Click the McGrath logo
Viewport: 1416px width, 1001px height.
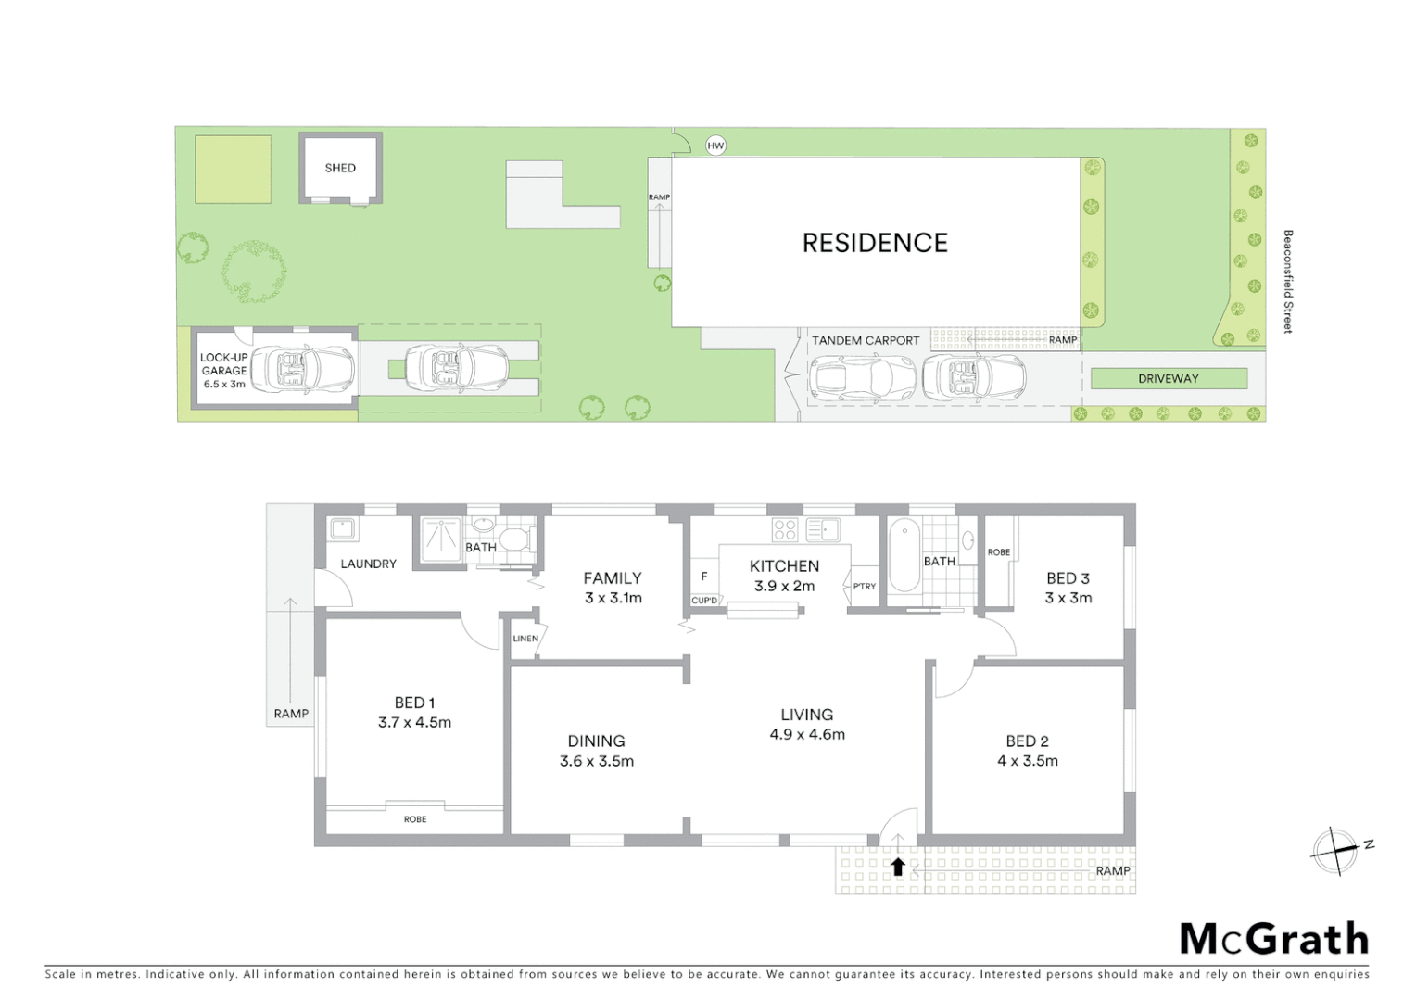[1273, 939]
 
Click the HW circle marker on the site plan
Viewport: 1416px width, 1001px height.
[715, 146]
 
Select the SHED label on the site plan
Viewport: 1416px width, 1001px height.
[340, 168]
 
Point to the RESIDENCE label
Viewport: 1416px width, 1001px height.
[875, 243]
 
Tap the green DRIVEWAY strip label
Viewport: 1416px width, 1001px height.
[1168, 378]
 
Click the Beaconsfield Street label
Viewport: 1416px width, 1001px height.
[1287, 282]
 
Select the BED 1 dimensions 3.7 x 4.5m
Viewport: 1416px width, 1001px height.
[414, 723]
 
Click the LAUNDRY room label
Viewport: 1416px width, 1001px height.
[368, 564]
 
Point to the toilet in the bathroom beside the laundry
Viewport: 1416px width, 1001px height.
[512, 538]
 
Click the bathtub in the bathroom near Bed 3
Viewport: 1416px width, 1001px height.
[904, 556]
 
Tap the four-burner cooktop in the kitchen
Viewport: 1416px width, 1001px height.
[785, 529]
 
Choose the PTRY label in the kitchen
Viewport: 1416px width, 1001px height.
[864, 587]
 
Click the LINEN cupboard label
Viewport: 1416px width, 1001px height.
[525, 639]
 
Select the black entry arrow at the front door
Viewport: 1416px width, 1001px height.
[897, 868]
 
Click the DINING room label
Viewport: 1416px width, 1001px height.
[596, 741]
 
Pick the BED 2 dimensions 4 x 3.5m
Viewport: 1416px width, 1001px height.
[1027, 761]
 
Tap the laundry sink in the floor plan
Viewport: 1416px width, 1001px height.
[343, 529]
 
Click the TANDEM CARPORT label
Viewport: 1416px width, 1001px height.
[866, 340]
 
